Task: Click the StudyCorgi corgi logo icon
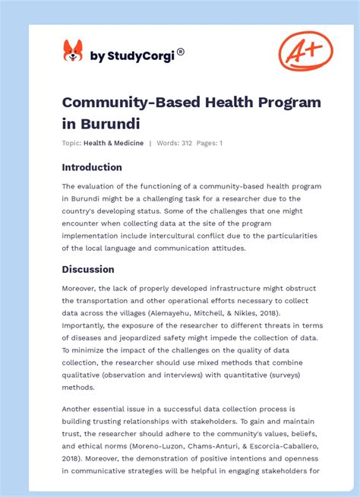73,51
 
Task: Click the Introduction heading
92,167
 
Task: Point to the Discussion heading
88,269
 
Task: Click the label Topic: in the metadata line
71,143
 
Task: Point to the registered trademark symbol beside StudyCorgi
181,52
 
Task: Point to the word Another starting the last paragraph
81,409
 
